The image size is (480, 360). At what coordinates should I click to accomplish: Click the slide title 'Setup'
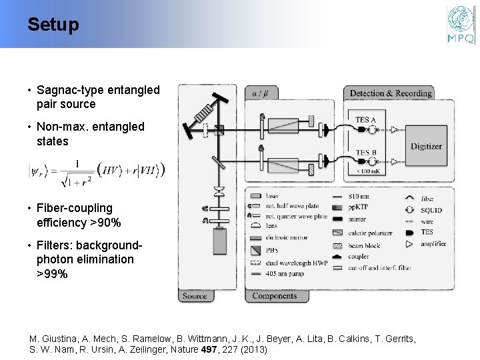53,25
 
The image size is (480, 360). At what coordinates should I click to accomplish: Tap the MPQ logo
461,25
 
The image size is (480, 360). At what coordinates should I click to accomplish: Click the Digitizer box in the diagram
426,146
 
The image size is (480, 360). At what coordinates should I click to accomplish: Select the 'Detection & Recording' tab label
391,93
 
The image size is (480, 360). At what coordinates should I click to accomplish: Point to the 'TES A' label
365,120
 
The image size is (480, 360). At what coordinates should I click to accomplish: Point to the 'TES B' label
365,153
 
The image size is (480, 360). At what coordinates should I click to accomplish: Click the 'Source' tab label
195,296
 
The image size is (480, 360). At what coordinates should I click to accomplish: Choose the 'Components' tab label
275,296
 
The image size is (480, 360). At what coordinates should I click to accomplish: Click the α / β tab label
258,93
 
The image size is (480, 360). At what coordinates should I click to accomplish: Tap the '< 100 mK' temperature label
369,172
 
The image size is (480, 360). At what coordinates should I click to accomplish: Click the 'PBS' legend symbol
255,249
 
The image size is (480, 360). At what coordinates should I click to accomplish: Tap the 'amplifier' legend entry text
433,244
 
